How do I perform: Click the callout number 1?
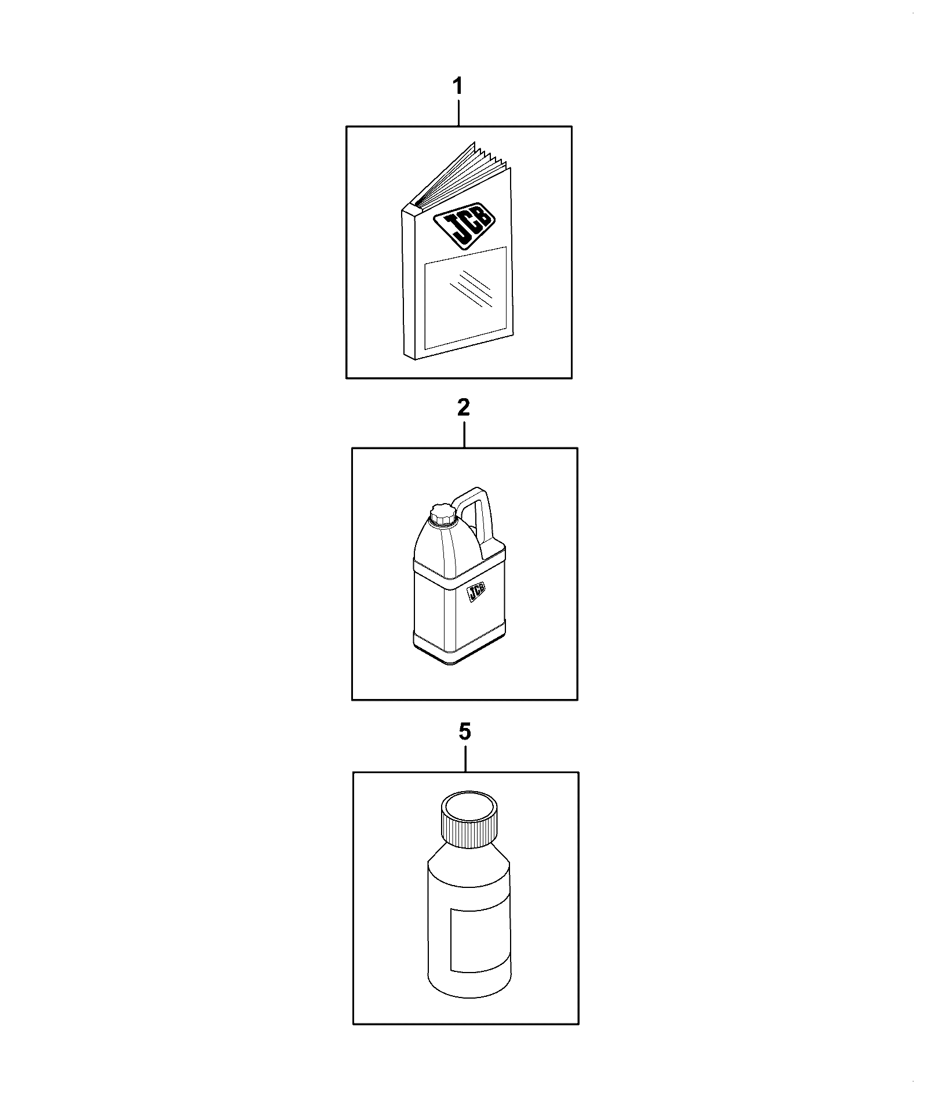click(x=458, y=87)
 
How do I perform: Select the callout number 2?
click(x=464, y=409)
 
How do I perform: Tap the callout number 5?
click(x=465, y=733)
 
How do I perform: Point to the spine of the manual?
click(x=409, y=284)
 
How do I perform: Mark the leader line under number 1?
click(x=459, y=112)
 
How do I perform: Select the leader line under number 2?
click(x=464, y=434)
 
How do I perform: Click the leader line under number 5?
click(x=465, y=759)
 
